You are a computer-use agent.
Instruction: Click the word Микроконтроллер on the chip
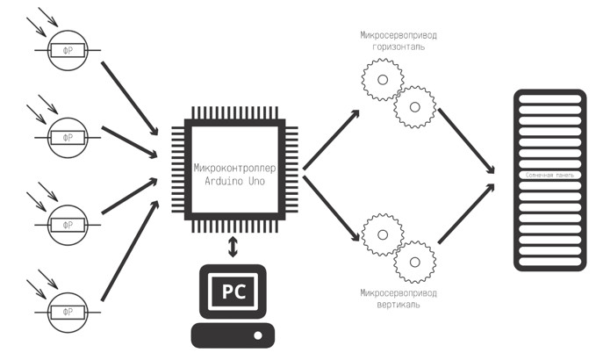[233, 165]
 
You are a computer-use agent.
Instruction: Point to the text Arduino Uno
[233, 179]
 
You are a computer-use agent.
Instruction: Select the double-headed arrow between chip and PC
[233, 247]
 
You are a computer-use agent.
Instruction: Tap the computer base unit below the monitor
[233, 336]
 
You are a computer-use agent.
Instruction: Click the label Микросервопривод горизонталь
[398, 40]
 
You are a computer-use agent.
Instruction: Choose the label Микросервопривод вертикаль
[398, 299]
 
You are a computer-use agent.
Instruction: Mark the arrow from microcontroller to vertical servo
[332, 208]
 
